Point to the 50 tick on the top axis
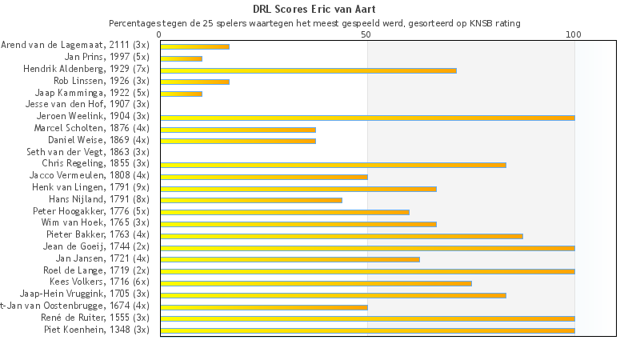[x=366, y=35]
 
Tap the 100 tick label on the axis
[x=574, y=35]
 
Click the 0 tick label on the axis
[x=160, y=35]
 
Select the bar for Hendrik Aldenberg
[x=308, y=70]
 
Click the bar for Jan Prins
[x=181, y=58]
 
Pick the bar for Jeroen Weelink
[x=367, y=118]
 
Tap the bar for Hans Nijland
[x=251, y=200]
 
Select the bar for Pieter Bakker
[x=342, y=236]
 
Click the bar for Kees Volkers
[x=316, y=283]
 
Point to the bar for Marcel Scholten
[x=238, y=130]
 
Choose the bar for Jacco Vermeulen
[x=264, y=177]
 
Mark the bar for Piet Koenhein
[x=367, y=330]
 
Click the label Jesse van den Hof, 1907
[x=87, y=104]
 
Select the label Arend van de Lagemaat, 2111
[x=75, y=45]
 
